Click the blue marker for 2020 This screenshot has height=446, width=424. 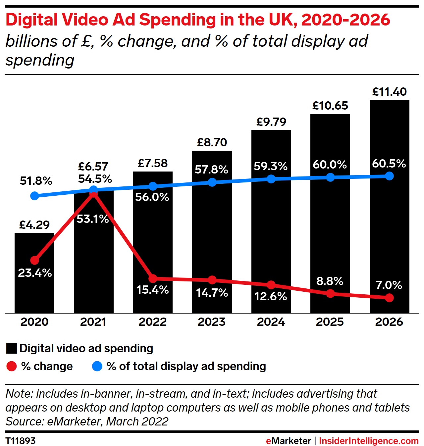click(x=34, y=196)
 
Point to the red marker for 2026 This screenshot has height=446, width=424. click(x=389, y=298)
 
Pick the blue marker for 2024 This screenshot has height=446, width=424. click(x=271, y=179)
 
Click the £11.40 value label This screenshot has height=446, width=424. click(x=389, y=92)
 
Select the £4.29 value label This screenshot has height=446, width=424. click(x=34, y=225)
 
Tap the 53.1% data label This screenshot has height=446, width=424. click(x=93, y=219)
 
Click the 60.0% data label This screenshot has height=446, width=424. click(x=330, y=165)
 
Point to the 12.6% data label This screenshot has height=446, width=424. click(x=271, y=296)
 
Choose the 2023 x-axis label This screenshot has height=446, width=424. click(x=212, y=322)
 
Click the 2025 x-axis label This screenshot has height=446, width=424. click(x=330, y=322)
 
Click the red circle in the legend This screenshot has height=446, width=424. click(x=12, y=366)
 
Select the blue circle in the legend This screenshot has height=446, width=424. click(x=97, y=366)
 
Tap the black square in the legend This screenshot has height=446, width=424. click(x=12, y=349)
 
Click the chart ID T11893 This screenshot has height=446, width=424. click(x=21, y=441)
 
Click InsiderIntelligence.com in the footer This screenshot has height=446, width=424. click(x=369, y=441)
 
